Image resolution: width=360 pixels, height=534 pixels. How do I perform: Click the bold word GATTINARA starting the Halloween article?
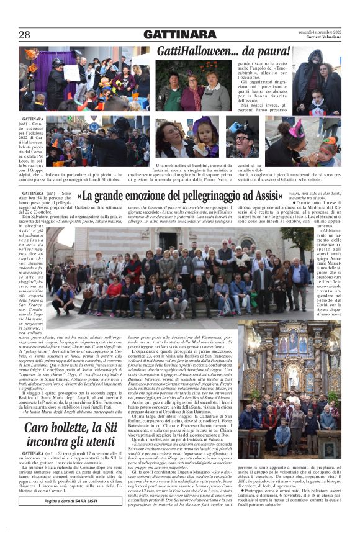pos(32,118)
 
